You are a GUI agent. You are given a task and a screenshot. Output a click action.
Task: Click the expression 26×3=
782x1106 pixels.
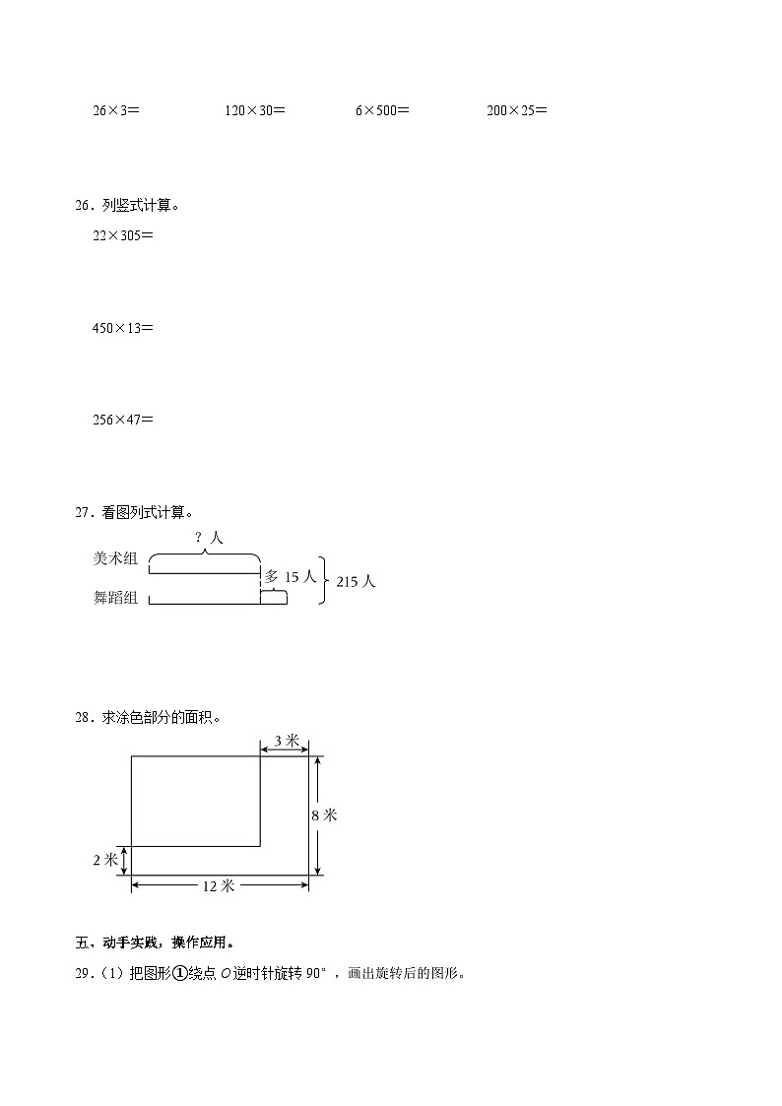tap(115, 111)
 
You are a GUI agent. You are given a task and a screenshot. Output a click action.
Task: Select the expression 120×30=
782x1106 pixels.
tap(254, 111)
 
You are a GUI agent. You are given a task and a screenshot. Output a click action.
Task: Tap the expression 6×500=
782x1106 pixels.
tap(382, 111)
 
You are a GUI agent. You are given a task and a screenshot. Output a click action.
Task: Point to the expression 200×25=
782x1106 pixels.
tap(516, 111)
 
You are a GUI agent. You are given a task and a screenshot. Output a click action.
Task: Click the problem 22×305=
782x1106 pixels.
tap(122, 236)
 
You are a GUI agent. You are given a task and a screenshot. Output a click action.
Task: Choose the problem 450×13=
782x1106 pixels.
tap(122, 328)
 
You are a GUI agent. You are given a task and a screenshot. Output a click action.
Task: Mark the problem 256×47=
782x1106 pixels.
tap(122, 420)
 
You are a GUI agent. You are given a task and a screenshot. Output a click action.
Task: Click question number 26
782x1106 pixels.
tap(83, 206)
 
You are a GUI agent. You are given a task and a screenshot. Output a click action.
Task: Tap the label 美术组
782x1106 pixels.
tap(115, 558)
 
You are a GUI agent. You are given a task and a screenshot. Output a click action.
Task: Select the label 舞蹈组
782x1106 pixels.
tap(115, 597)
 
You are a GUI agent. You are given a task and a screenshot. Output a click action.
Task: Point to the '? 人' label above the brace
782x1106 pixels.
tap(209, 537)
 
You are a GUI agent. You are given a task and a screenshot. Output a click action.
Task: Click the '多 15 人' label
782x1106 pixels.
tap(290, 576)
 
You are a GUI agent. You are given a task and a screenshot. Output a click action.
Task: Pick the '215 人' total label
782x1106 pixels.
tap(356, 581)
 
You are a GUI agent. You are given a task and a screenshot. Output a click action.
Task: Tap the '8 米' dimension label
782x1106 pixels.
tap(324, 814)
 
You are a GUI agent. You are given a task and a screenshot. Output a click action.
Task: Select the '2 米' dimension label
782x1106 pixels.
tap(104, 860)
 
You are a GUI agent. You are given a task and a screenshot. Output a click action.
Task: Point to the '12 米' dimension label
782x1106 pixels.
tap(219, 885)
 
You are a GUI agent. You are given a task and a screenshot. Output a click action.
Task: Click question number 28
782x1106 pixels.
tap(83, 718)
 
